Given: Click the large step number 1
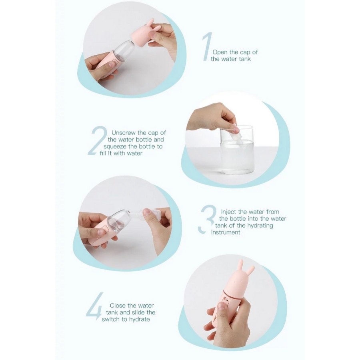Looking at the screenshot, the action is click(208, 47).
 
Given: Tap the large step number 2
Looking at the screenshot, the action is click(98, 141).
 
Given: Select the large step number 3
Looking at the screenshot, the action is click(207, 219).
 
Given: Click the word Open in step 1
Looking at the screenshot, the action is click(220, 52).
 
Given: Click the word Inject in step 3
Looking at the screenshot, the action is click(228, 212).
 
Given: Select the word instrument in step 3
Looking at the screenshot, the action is click(226, 232).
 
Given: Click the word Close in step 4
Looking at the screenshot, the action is click(118, 306).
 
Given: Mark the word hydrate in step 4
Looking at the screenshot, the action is click(139, 320).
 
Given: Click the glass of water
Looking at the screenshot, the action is click(237, 150).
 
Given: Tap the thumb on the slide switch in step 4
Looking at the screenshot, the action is click(223, 308).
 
